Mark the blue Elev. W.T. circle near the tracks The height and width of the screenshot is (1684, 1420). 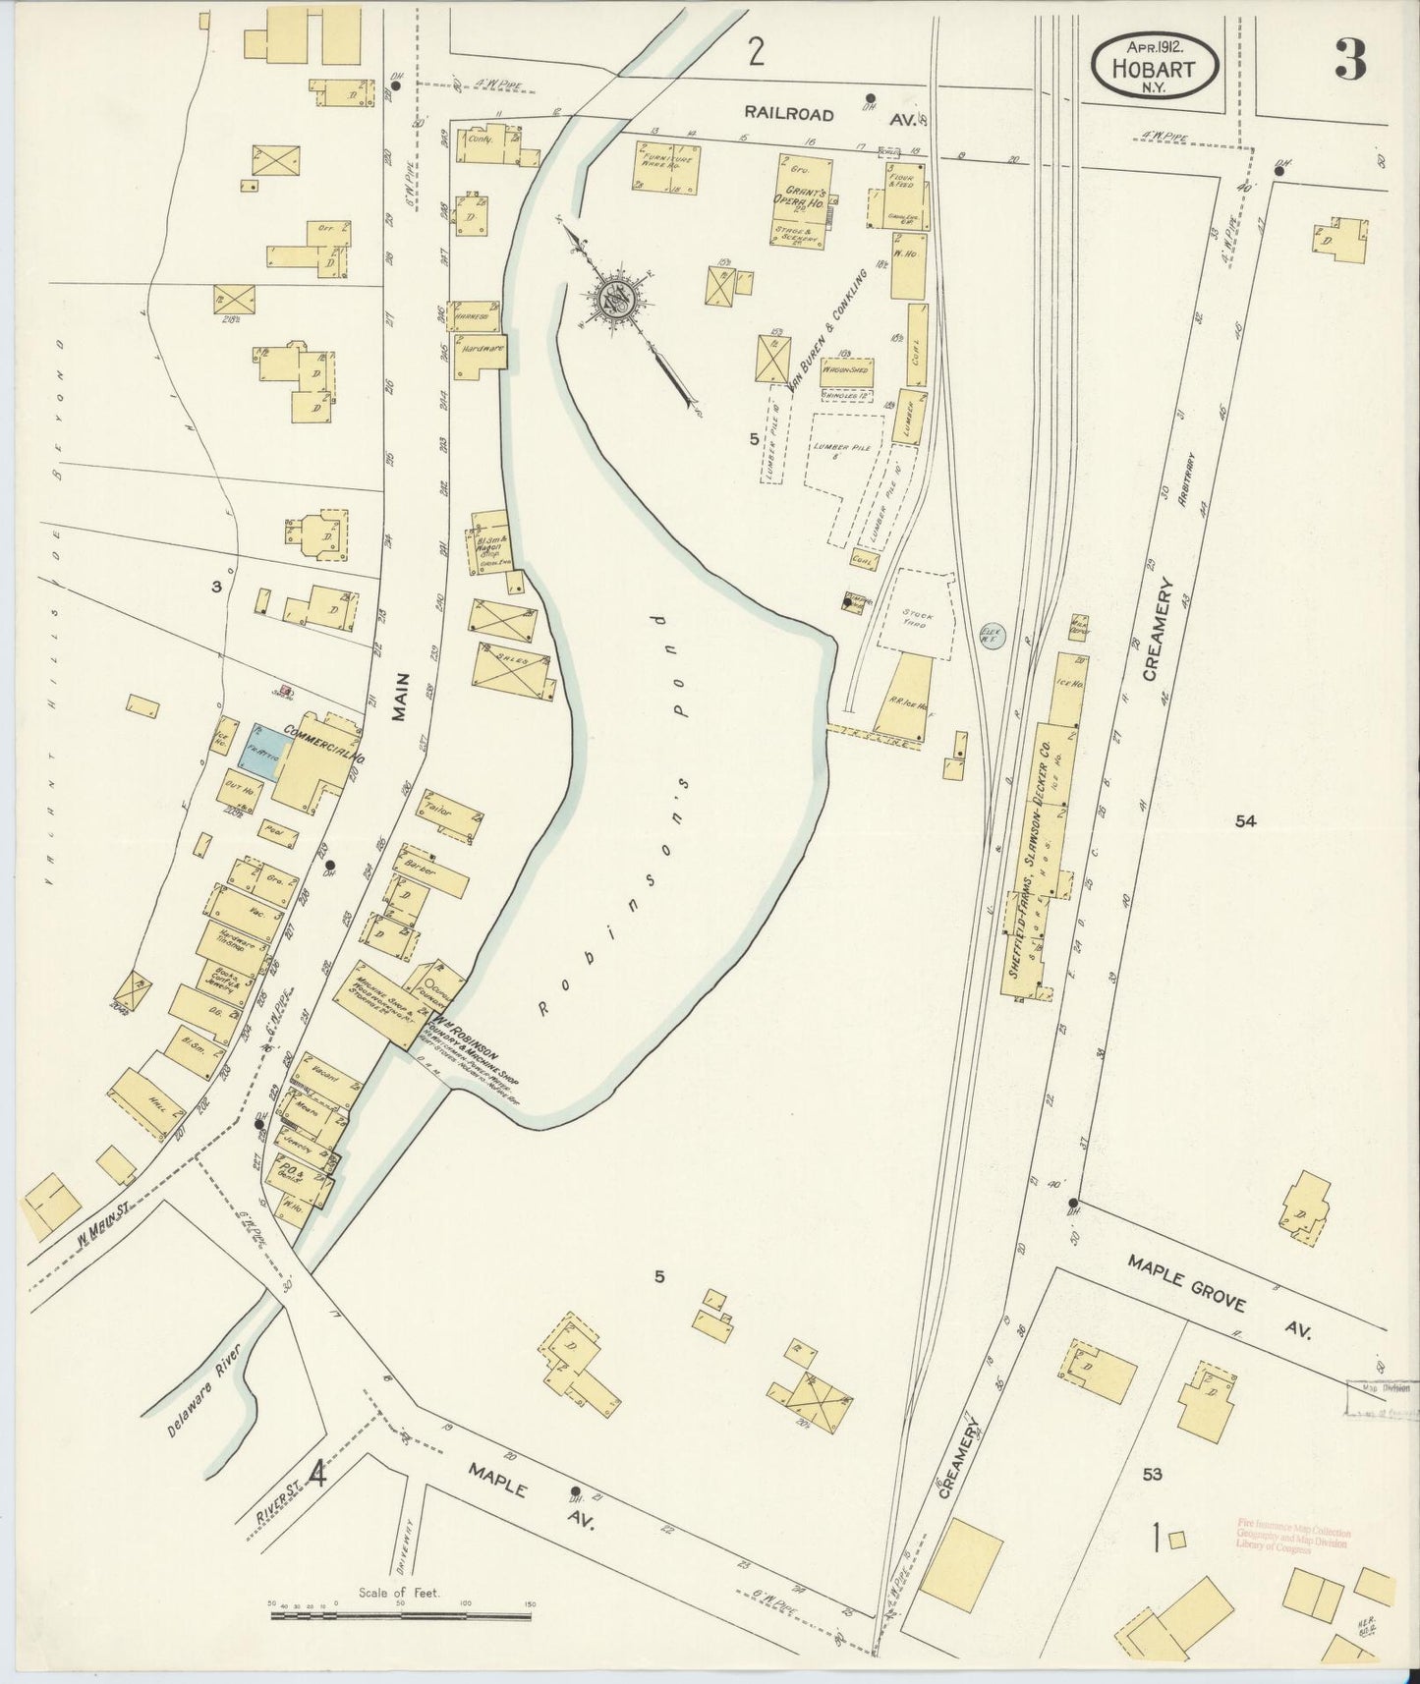[x=991, y=637]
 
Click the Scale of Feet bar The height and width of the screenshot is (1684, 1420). [x=401, y=1606]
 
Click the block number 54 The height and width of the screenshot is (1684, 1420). [x=1245, y=822]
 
